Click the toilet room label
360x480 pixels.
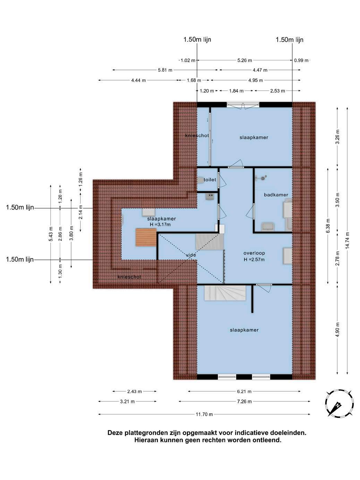click(x=209, y=180)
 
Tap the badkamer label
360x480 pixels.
click(x=276, y=195)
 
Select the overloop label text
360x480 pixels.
click(x=254, y=253)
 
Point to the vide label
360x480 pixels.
click(x=191, y=255)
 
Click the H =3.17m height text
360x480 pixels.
click(x=160, y=225)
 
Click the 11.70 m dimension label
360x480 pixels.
click(x=204, y=414)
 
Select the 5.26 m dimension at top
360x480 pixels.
click(x=245, y=60)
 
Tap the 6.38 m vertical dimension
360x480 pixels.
click(x=328, y=226)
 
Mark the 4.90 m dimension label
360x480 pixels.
click(x=337, y=329)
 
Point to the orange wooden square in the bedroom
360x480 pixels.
click(x=146, y=237)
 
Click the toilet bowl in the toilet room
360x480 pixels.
click(x=200, y=180)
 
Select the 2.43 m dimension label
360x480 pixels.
click(x=135, y=391)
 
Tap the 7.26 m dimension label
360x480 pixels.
click(x=245, y=401)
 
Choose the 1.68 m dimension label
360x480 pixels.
click(x=194, y=80)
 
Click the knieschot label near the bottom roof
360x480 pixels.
click(x=129, y=277)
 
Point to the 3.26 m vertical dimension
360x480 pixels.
click(x=337, y=137)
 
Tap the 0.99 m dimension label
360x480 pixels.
click(x=301, y=60)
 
